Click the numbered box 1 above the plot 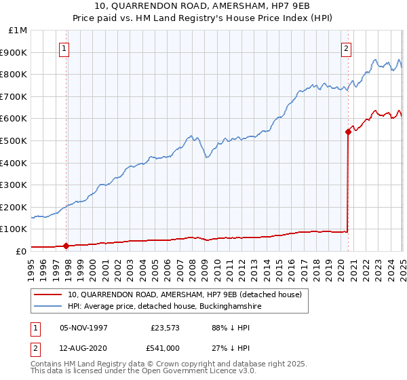pos(63,48)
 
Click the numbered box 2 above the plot pos(346,48)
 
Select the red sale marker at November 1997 pos(66,246)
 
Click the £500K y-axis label pos(14,140)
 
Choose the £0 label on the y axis pos(21,251)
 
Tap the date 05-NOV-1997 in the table pos(83,328)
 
